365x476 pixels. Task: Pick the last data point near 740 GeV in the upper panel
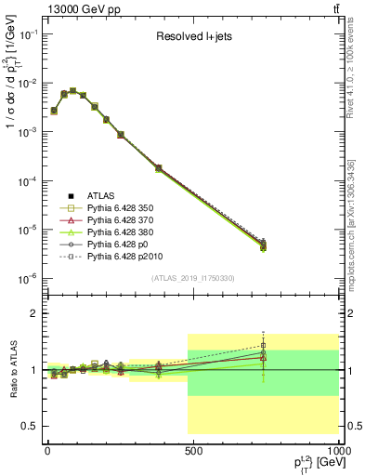[x=264, y=245]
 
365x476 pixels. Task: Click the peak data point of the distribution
[x=72, y=91]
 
